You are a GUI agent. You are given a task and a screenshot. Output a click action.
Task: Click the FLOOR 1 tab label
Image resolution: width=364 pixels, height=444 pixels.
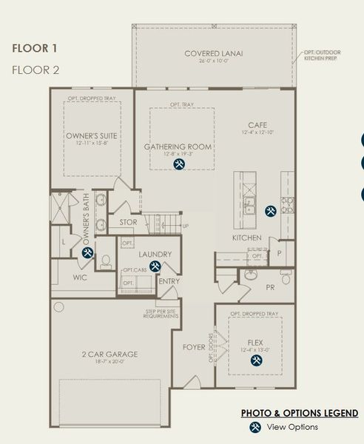(x=34, y=50)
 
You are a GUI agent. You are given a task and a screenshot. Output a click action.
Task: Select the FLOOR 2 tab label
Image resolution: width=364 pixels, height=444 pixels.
(x=35, y=70)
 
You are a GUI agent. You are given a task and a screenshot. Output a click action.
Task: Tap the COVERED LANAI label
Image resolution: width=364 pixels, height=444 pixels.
(x=213, y=54)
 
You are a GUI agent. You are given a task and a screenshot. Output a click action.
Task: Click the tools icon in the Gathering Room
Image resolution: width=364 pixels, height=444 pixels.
(x=178, y=164)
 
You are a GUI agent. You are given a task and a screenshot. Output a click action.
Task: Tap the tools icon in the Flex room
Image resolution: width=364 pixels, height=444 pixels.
(x=257, y=360)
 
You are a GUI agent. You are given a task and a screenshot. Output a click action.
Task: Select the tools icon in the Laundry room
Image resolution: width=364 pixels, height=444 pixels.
(x=155, y=266)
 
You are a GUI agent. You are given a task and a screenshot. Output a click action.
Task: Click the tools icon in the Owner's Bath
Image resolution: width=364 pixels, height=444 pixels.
(x=87, y=252)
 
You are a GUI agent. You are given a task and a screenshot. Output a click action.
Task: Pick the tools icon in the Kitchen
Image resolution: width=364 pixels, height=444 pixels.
(x=271, y=210)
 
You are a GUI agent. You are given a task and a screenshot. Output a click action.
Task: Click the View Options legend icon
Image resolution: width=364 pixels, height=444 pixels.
(x=255, y=427)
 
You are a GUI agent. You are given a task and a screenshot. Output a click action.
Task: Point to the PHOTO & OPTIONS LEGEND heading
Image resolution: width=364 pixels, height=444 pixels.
(x=300, y=413)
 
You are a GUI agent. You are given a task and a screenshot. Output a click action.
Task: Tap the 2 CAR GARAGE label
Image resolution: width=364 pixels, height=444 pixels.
(x=109, y=354)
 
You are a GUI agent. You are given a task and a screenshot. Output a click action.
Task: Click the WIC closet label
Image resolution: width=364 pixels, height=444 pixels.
(x=81, y=278)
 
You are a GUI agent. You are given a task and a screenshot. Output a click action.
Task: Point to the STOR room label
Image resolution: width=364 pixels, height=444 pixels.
(x=128, y=222)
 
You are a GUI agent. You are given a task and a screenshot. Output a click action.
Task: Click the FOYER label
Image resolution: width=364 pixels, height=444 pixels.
(x=194, y=346)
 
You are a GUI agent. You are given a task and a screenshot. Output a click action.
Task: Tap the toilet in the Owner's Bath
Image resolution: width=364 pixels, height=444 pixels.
(x=106, y=260)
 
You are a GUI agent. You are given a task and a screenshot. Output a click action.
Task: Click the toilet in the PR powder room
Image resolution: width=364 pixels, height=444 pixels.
(x=250, y=275)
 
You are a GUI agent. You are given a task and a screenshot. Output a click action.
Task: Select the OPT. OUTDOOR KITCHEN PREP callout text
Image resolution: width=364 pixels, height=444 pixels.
(x=322, y=55)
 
